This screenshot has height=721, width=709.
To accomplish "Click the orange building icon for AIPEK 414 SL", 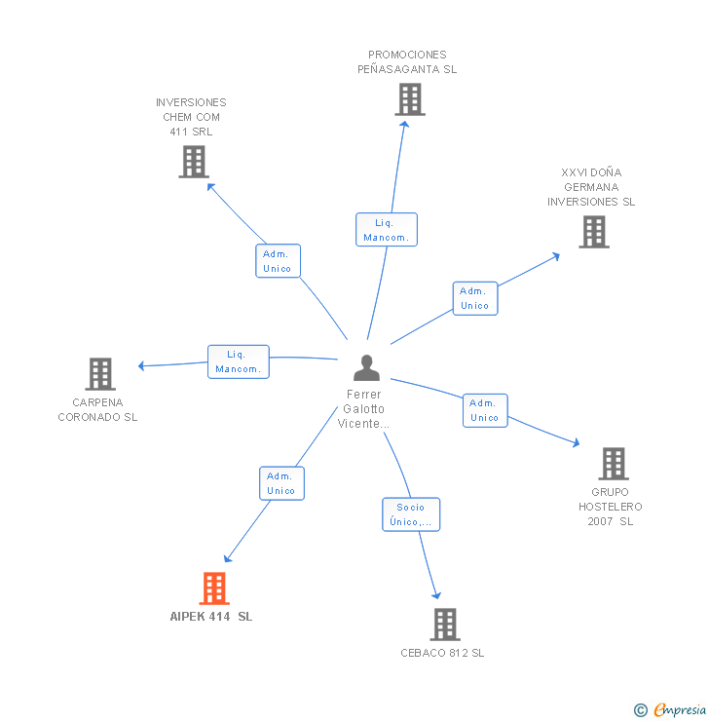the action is (x=214, y=588).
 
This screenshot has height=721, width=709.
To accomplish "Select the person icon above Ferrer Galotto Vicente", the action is (x=367, y=368).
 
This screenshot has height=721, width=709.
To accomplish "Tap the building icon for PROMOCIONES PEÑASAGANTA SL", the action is (x=410, y=99).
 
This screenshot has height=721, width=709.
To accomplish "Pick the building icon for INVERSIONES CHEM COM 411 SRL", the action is (x=194, y=162).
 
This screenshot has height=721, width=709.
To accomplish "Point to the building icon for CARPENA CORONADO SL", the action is (x=100, y=374).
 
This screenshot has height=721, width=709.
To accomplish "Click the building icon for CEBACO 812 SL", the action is (x=445, y=625).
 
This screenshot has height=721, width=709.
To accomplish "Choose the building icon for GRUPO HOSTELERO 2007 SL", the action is (x=614, y=464).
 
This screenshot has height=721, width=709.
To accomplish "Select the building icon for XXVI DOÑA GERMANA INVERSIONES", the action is (x=594, y=232).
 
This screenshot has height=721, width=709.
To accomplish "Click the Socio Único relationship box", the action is (x=411, y=514).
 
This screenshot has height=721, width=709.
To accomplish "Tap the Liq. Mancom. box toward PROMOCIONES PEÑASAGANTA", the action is (x=387, y=229).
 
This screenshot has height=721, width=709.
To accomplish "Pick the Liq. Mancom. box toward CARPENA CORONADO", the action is (x=239, y=361).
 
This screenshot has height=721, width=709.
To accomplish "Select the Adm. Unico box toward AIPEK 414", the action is (x=281, y=483).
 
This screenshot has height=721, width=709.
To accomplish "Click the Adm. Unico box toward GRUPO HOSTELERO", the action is (x=485, y=410).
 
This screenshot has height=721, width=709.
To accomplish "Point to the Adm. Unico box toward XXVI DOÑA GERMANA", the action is (x=475, y=298).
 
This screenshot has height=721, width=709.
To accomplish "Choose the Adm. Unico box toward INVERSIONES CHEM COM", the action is (x=278, y=261).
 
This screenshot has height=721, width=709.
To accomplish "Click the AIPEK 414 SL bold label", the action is (x=211, y=617).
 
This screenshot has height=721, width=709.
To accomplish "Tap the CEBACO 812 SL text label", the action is (x=442, y=653).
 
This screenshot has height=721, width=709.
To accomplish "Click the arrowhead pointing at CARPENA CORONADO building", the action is (x=141, y=365).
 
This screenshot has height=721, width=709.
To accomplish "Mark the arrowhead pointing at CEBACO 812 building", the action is (x=436, y=595).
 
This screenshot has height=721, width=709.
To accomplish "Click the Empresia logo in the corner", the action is (x=670, y=709).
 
